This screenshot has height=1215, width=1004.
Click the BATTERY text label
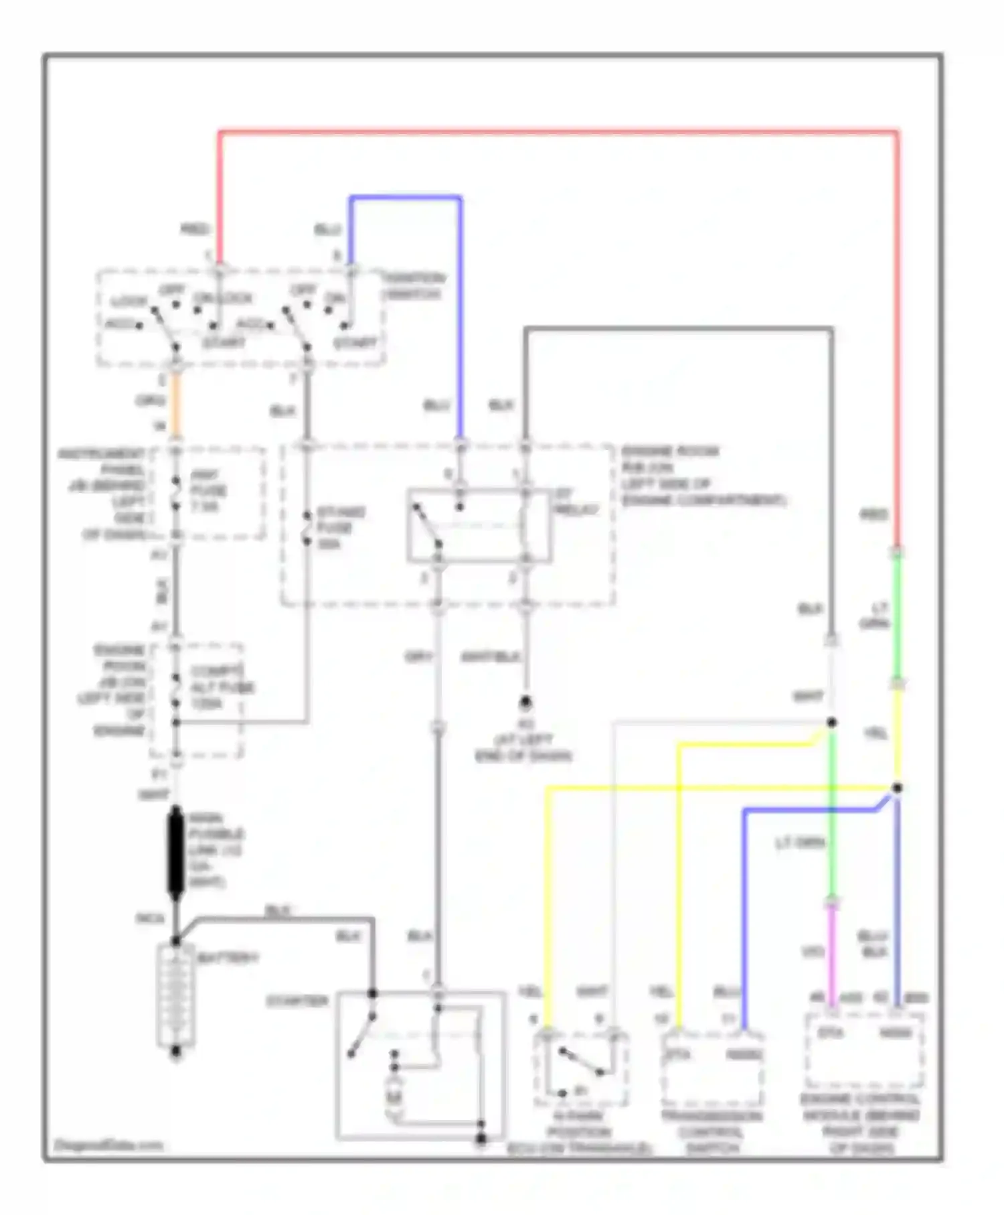click(x=228, y=958)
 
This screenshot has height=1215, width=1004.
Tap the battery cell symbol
click(x=176, y=995)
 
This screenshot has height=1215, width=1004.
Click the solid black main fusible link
click(x=176, y=851)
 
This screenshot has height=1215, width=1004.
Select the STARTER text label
click(x=297, y=1001)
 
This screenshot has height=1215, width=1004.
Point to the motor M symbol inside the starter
click(x=394, y=1098)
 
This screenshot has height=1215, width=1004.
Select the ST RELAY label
click(x=576, y=502)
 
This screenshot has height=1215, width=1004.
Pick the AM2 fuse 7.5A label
click(x=208, y=491)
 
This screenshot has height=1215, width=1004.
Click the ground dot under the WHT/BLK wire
click(x=525, y=703)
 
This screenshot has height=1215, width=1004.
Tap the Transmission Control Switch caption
click(x=712, y=1132)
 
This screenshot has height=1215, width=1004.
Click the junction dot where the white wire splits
click(x=831, y=723)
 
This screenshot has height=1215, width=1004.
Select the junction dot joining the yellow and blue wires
click(x=897, y=788)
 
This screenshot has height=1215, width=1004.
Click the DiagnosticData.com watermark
click(x=108, y=1145)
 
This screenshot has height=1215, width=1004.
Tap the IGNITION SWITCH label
click(x=413, y=286)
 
